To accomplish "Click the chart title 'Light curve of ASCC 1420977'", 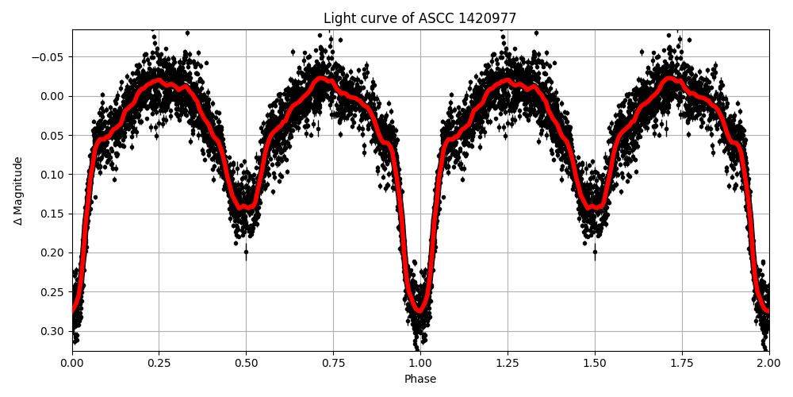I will point(419,18).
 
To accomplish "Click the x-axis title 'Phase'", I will point(419,379).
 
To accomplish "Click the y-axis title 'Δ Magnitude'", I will point(18,191).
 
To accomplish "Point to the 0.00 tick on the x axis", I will point(72,363).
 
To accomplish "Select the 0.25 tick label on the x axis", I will point(159,363).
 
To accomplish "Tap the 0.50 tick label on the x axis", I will point(246,363).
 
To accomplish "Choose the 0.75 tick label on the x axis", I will point(333,363).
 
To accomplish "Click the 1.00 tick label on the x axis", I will point(420,363).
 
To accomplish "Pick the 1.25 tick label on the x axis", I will point(508,363).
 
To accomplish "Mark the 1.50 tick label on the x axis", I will point(595,363).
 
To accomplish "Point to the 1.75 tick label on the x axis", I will point(682,363).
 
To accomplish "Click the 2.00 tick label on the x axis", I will point(768,363).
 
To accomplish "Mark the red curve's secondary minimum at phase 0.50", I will point(246,207).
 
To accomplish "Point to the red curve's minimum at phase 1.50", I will point(595,207).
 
